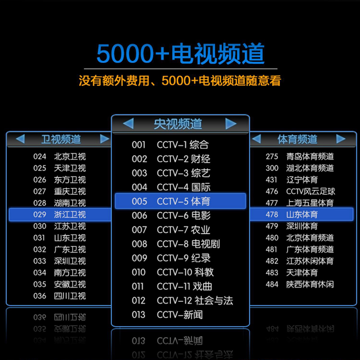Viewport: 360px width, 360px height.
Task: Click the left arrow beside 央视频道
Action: (x=128, y=123)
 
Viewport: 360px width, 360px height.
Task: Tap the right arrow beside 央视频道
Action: (x=231, y=123)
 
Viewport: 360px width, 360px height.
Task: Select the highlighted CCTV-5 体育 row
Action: (x=180, y=201)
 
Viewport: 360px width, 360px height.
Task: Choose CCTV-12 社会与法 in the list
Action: (x=195, y=300)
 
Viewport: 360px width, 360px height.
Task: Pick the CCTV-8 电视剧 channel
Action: (x=188, y=244)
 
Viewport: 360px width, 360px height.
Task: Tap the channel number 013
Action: (x=139, y=315)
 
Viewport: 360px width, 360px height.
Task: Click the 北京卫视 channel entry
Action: (x=70, y=157)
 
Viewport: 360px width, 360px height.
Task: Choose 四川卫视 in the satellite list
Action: (x=70, y=296)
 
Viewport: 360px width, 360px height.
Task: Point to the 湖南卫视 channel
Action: (x=70, y=203)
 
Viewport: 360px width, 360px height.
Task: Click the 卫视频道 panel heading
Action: (x=61, y=139)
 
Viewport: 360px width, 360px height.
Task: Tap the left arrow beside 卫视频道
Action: (x=20, y=139)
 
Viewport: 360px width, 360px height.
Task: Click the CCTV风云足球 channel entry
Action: (x=311, y=191)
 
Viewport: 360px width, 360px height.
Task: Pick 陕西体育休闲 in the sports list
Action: (x=310, y=284)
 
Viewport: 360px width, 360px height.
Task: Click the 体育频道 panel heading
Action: (x=297, y=139)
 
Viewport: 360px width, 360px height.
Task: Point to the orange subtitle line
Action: (x=180, y=81)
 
